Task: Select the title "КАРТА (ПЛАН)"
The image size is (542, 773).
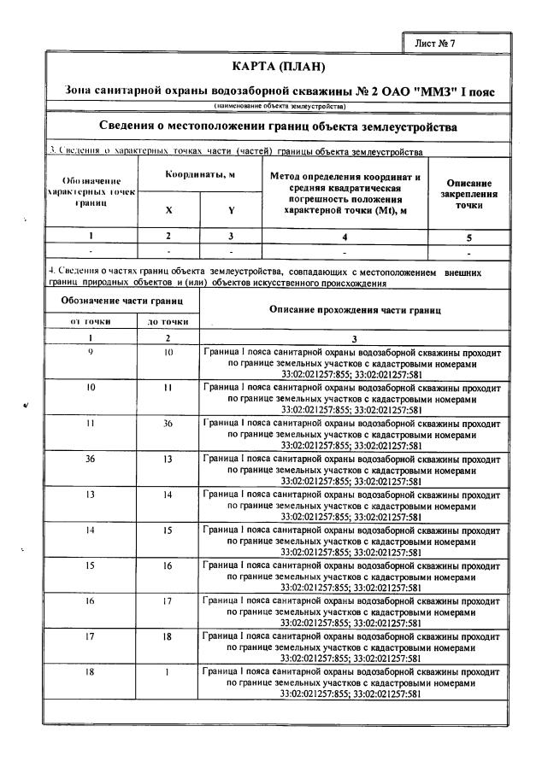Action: coord(280,67)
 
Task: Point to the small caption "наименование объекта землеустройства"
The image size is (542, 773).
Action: coord(280,106)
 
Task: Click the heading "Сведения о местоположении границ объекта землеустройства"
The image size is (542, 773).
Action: coord(278,127)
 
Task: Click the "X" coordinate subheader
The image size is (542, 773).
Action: coord(168,208)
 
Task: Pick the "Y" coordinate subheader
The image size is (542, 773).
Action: coord(231,208)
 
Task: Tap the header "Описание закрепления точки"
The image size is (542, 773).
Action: coord(468,194)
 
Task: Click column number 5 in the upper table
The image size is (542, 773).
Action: coord(468,238)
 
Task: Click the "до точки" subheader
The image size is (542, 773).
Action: coord(168,321)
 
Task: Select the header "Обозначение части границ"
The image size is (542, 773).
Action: coord(121,301)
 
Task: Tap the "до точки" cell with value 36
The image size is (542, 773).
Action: coord(168,422)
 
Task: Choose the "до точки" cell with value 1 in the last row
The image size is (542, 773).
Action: coord(168,673)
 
